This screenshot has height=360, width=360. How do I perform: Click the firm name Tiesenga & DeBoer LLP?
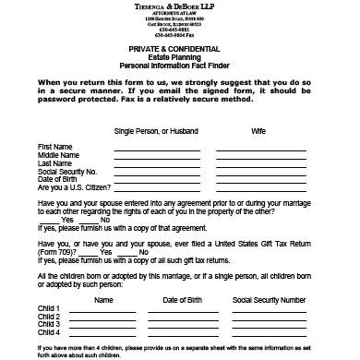[180, 7]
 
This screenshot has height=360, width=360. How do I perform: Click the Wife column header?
[258, 131]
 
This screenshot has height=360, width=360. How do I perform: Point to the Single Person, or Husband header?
[150, 131]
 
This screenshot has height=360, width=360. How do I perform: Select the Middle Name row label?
[57, 155]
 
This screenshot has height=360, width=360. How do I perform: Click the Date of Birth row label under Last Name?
[57, 178]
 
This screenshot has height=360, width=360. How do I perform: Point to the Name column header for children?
[104, 301]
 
